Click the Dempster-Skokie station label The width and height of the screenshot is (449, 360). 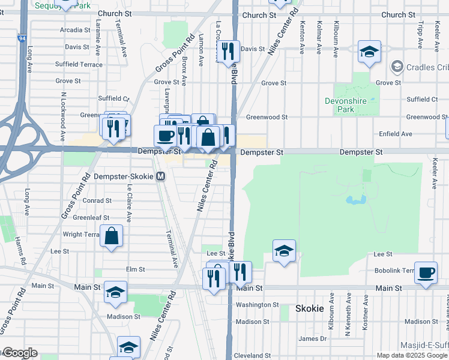pos(124,176)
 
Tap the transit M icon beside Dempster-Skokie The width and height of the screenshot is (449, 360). pos(160,176)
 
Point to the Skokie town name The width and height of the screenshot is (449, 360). pos(310,308)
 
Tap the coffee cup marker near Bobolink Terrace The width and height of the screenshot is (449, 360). pos(426,273)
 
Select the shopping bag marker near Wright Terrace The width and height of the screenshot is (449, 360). pos(112,236)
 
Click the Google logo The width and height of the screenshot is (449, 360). pos(19,353)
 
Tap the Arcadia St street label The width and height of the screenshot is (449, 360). pos(75,30)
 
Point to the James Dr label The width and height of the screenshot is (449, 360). pos(313,339)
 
